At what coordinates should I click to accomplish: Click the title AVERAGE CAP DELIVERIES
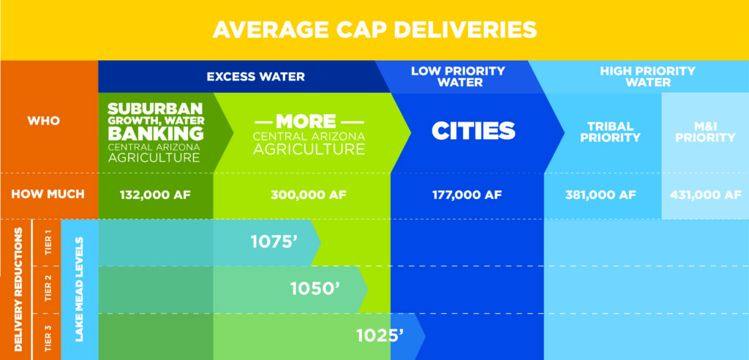374,30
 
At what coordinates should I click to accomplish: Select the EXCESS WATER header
255,76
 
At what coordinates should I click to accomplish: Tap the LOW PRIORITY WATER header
458,76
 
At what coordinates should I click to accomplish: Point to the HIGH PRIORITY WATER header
647,76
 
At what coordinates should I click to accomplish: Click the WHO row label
48,120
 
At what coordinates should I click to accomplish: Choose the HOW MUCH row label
48,195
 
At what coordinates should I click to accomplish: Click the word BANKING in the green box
155,133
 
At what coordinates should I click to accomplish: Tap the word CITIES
473,130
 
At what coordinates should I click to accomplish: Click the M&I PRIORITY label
705,131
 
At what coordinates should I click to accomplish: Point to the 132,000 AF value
155,195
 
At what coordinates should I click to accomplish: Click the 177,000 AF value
467,195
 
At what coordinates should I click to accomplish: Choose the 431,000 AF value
705,195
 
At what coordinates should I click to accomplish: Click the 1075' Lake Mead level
274,241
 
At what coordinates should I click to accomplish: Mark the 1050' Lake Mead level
315,288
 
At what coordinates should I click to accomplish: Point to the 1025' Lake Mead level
380,336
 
